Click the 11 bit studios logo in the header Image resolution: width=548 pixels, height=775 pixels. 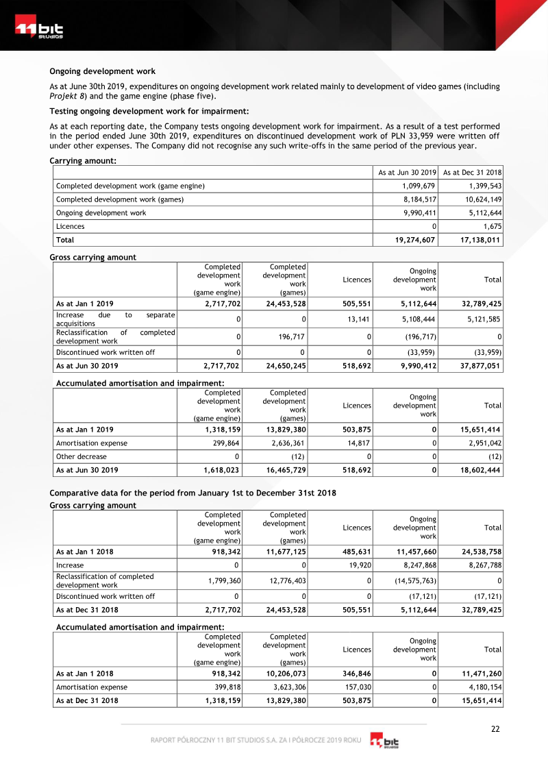tap(39, 30)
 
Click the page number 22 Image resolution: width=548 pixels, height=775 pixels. tap(495, 728)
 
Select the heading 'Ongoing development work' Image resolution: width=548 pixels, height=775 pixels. tap(102, 71)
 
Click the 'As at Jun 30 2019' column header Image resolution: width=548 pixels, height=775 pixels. tap(408, 173)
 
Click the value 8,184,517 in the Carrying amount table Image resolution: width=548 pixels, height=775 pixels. tap(416, 199)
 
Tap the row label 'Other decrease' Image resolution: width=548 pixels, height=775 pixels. tap(82, 456)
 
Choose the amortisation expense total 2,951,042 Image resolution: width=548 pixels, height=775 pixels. tap(480, 443)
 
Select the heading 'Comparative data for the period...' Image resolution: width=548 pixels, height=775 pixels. tap(192, 494)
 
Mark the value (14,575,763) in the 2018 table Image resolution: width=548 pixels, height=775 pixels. tap(412, 580)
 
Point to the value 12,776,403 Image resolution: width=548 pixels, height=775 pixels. tap(286, 580)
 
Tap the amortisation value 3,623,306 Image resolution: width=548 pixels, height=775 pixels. tap(286, 687)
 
